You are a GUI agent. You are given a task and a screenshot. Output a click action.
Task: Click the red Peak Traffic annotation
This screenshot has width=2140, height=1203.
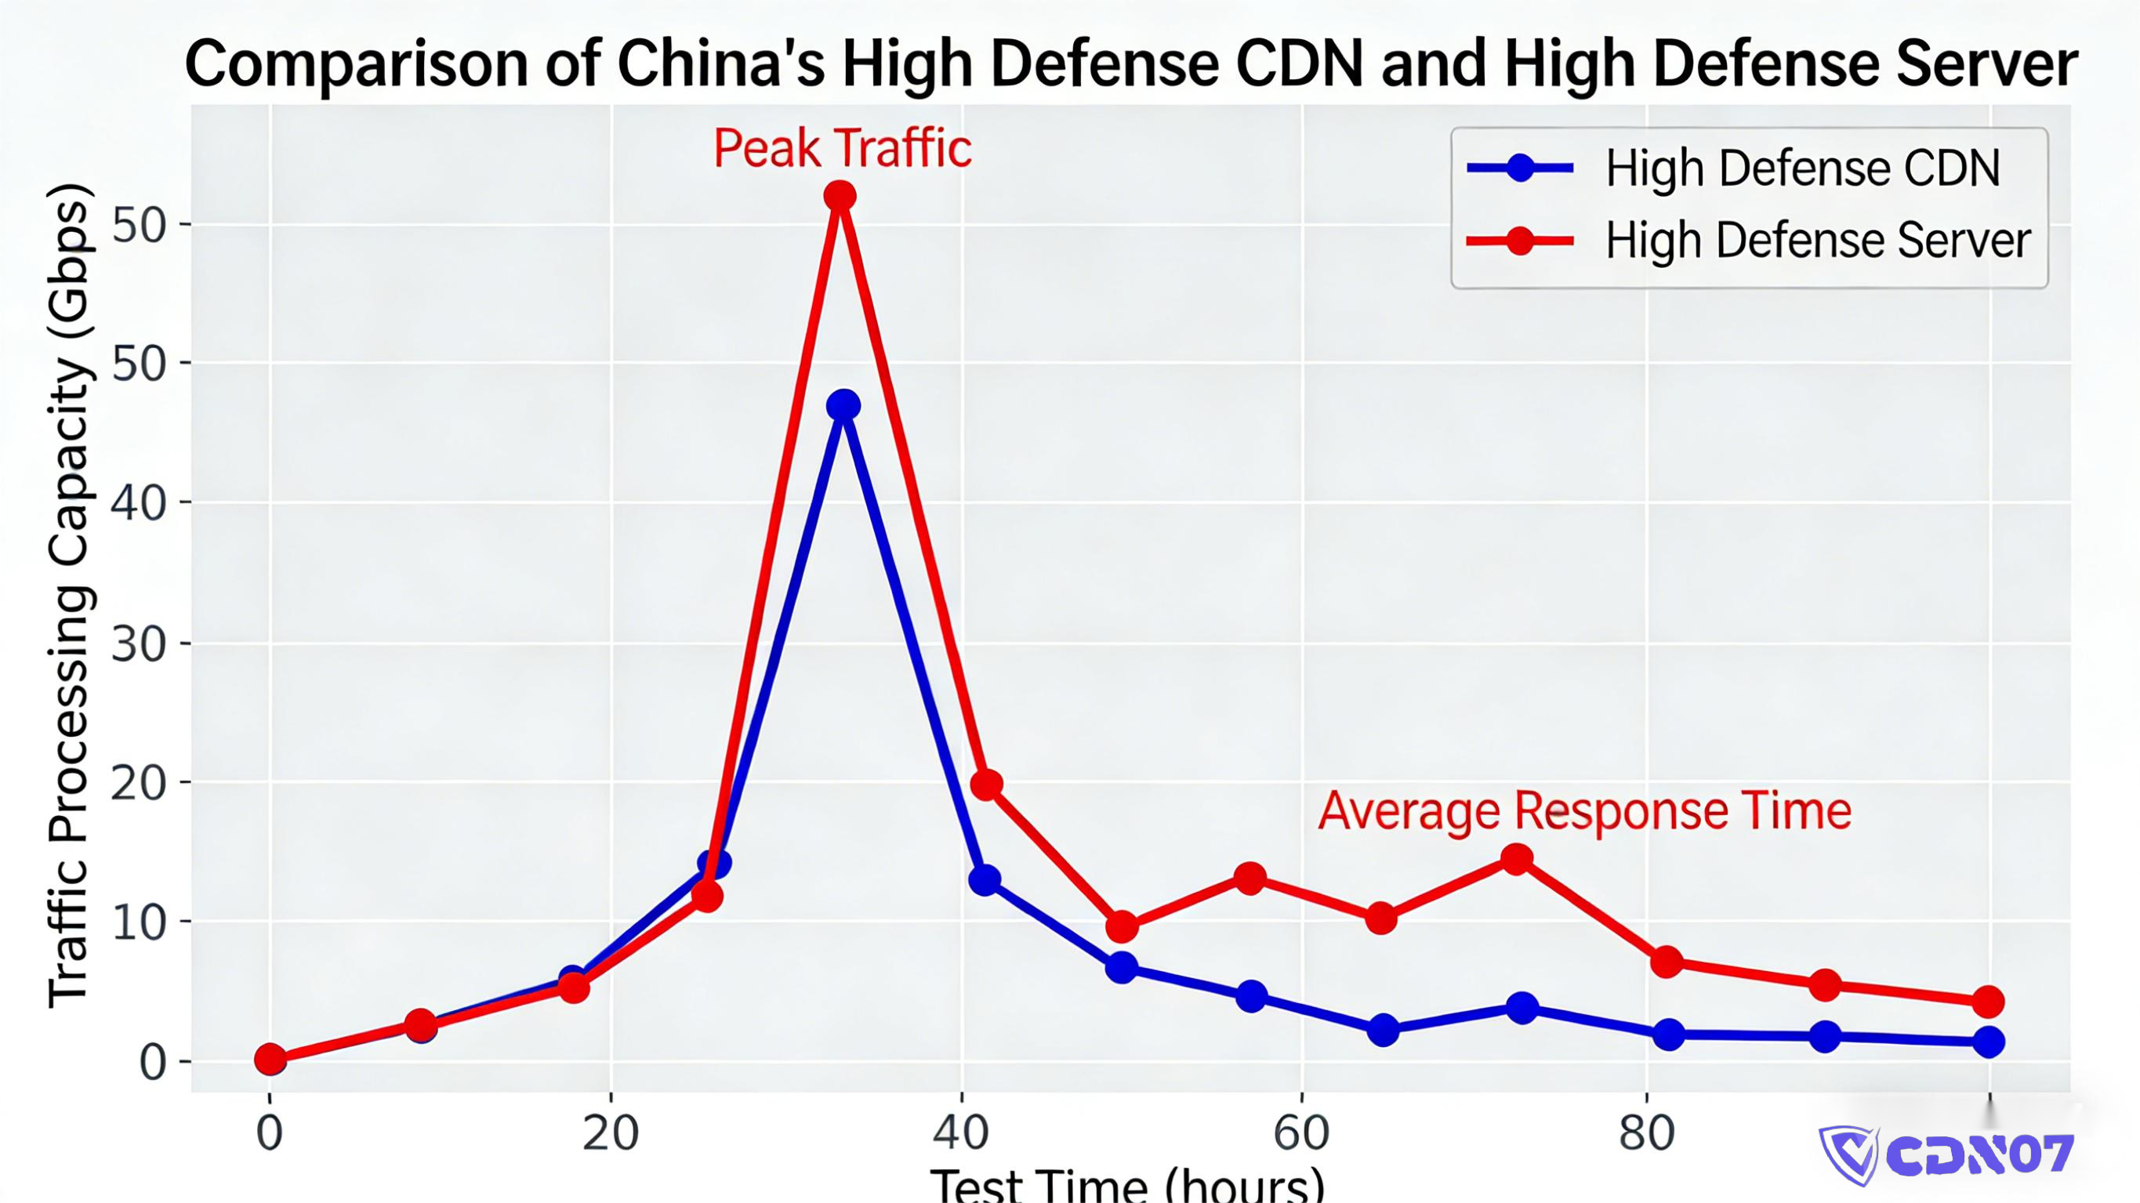coord(842,149)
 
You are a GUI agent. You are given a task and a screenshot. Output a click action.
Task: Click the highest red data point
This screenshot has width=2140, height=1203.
coord(840,197)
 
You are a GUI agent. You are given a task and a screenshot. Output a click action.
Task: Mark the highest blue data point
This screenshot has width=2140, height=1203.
coord(843,405)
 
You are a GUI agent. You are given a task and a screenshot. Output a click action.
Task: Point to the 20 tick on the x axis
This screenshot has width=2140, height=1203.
coord(610,1133)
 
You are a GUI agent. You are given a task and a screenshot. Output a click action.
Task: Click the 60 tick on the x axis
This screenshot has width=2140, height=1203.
coord(1301,1133)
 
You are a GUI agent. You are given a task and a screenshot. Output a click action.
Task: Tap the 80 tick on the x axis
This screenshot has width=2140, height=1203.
coord(1646,1133)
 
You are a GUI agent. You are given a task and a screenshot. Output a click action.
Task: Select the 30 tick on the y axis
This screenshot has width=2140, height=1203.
coord(139,644)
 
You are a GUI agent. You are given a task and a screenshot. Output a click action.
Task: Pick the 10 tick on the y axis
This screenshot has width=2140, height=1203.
coord(139,922)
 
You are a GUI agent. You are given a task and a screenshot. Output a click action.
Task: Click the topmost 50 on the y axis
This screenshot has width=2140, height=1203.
coord(139,224)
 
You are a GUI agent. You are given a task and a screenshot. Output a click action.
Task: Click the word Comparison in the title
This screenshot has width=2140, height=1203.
coord(357,63)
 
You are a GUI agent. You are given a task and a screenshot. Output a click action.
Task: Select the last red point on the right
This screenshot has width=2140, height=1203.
coord(1988,1002)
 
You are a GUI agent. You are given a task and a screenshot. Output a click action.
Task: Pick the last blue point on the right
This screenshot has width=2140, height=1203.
coord(1988,1041)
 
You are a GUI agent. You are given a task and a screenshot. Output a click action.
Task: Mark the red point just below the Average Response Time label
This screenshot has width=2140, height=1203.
coord(1517,859)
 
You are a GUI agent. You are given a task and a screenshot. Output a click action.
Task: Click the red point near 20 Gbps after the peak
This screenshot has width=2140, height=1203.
coord(986,784)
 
